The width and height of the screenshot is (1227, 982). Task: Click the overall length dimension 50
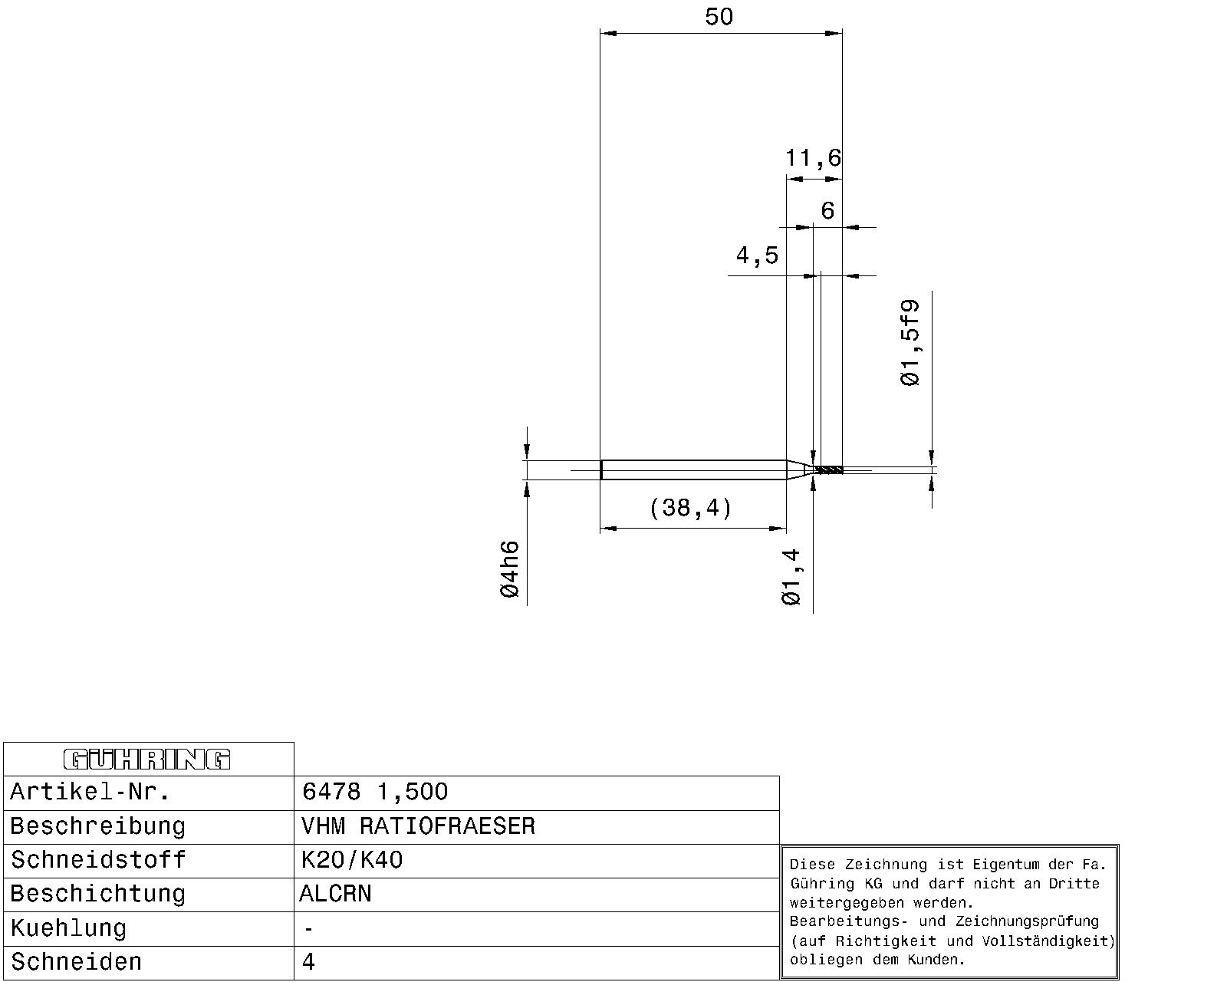click(719, 17)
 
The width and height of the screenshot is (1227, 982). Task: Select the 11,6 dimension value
click(813, 158)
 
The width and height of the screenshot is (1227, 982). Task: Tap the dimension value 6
click(827, 210)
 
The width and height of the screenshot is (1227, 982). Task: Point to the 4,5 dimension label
click(757, 255)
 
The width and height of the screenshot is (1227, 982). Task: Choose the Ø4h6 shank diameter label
click(510, 569)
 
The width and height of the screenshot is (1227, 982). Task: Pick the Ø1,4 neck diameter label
click(791, 577)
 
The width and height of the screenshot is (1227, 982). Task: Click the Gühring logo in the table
click(147, 760)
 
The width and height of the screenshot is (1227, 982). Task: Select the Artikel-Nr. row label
click(90, 792)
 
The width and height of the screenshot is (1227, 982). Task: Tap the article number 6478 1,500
click(374, 792)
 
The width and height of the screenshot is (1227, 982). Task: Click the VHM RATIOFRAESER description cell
click(419, 826)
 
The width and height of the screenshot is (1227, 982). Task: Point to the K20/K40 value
click(352, 860)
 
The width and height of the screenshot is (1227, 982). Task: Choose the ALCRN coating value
click(335, 894)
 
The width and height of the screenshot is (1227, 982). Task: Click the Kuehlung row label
click(68, 928)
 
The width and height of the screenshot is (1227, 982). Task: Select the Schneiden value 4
click(308, 962)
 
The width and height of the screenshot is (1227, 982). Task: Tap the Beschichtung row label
click(98, 894)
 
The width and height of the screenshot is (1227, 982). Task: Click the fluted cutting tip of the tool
click(830, 470)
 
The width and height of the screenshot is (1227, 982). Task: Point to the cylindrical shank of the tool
click(693, 470)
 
